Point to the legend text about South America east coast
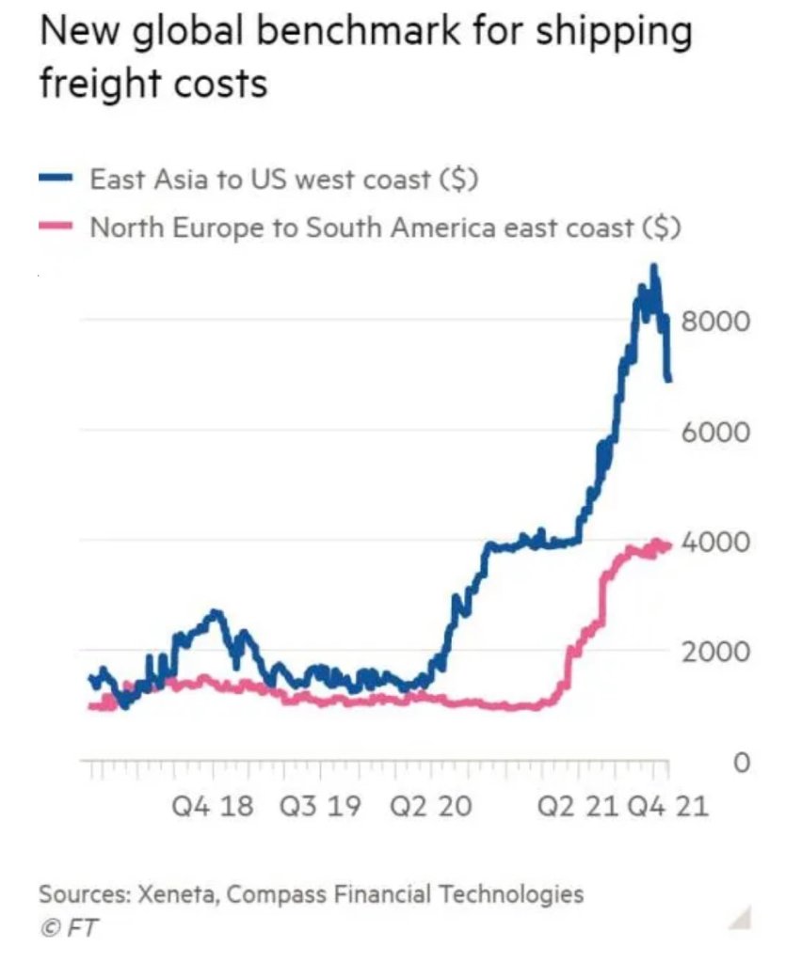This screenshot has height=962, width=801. [x=385, y=228]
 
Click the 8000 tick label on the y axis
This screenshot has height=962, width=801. [x=715, y=322]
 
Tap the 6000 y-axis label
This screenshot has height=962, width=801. [x=715, y=432]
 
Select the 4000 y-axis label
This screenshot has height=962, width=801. [x=715, y=543]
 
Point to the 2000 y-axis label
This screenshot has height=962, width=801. [x=715, y=653]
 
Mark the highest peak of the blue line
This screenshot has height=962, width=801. [x=653, y=266]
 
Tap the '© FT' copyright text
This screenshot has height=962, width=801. [x=68, y=927]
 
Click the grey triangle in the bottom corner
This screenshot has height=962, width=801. [x=742, y=917]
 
